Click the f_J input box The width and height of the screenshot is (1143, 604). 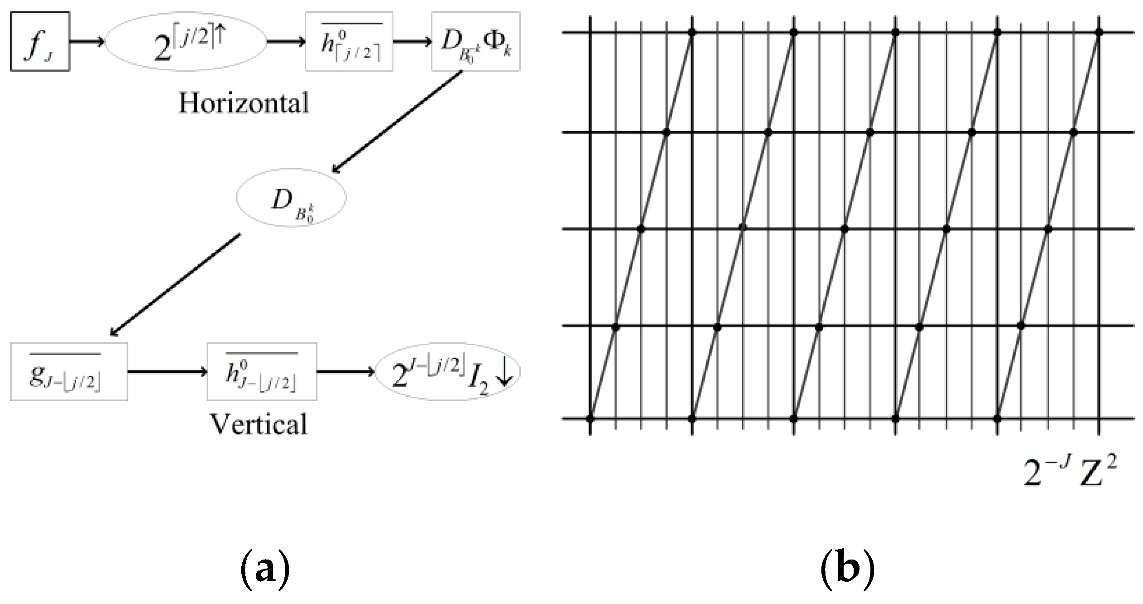click(40, 42)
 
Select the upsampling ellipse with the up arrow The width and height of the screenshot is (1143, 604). click(186, 42)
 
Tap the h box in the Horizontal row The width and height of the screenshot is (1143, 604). click(349, 42)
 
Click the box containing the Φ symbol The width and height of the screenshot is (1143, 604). click(475, 42)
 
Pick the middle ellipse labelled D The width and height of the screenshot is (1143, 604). click(291, 198)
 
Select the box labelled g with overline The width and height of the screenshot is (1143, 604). click(68, 372)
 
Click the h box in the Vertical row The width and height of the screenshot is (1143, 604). click(262, 372)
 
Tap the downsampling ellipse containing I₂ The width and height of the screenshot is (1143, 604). click(448, 372)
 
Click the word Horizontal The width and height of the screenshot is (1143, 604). click(244, 103)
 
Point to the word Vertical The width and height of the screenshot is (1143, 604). click(259, 425)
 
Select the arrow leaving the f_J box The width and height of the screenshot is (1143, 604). click(87, 42)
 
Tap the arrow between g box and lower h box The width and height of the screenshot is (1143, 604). click(167, 372)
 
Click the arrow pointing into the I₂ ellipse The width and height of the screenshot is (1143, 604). click(346, 372)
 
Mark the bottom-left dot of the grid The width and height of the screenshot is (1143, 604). click(590, 419)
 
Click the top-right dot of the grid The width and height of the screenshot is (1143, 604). click(1099, 33)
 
